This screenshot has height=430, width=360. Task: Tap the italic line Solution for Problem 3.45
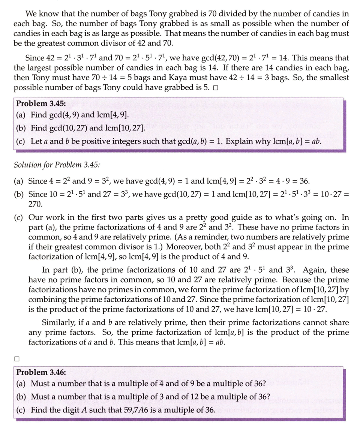click(x=57, y=165)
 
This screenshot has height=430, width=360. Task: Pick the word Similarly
click(x=57, y=322)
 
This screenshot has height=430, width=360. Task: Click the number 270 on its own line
click(x=36, y=204)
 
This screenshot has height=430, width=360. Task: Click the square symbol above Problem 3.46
click(x=16, y=358)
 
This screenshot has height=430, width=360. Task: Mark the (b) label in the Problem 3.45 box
click(x=22, y=128)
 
